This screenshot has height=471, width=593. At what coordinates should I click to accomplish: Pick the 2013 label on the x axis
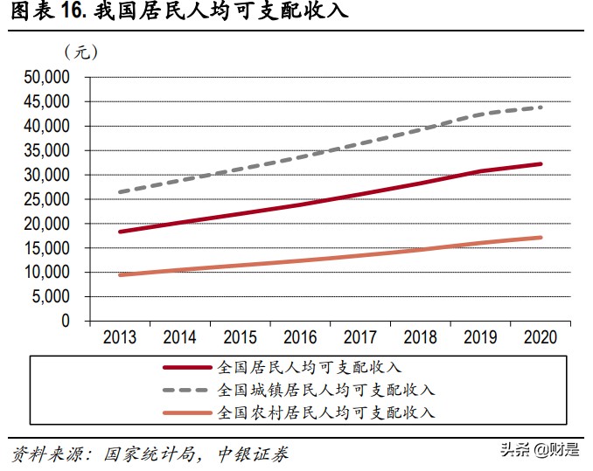tap(120, 337)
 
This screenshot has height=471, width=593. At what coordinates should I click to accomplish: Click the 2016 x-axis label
tap(300, 337)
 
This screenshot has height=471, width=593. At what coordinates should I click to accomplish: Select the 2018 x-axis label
tap(420, 337)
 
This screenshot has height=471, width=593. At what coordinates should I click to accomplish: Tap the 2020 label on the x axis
tap(541, 337)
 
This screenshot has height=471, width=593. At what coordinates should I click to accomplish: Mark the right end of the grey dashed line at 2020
tap(541, 107)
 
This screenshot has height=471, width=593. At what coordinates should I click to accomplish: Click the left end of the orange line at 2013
tap(120, 274)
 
